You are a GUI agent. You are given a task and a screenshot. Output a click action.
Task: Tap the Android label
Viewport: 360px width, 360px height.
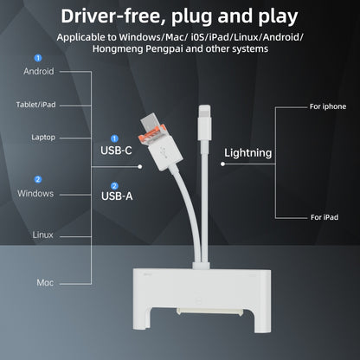[x=37, y=72]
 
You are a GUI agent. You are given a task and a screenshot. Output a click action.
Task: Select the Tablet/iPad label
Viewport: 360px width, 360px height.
[x=37, y=105]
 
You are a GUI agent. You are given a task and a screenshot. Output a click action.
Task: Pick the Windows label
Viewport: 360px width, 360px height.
[x=37, y=192]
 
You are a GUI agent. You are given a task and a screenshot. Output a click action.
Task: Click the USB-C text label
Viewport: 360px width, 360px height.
[x=117, y=149]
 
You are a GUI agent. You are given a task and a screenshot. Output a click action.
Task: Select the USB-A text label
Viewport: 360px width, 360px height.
[x=117, y=196]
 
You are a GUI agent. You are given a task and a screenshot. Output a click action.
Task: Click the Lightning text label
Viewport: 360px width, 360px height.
[x=247, y=153]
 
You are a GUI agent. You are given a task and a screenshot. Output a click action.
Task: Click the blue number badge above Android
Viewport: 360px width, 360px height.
[x=37, y=58]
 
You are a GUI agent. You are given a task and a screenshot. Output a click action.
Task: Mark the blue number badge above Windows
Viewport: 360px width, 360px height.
[x=37, y=179]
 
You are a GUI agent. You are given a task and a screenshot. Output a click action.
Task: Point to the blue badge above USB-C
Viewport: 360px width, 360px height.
[x=114, y=137]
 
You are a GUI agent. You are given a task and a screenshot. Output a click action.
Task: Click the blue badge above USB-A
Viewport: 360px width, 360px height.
[x=114, y=183]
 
